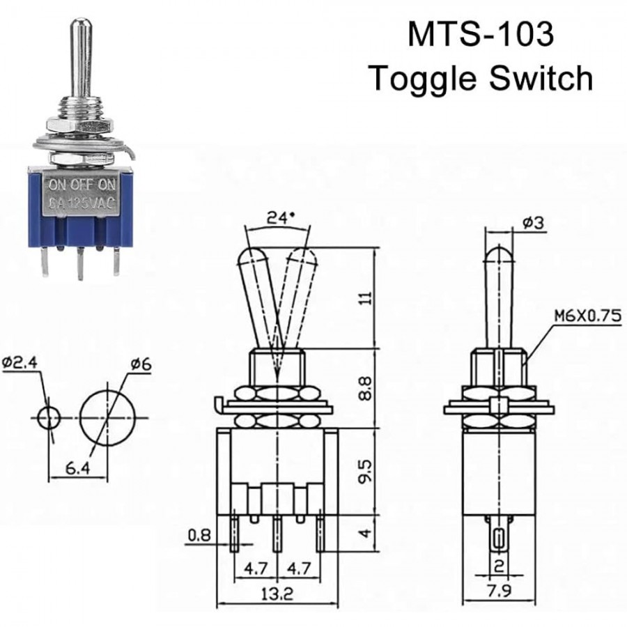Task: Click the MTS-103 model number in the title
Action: (480, 34)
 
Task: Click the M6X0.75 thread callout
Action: (587, 316)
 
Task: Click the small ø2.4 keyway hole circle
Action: (48, 418)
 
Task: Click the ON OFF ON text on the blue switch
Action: (80, 185)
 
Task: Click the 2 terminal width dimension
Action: (498, 566)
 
